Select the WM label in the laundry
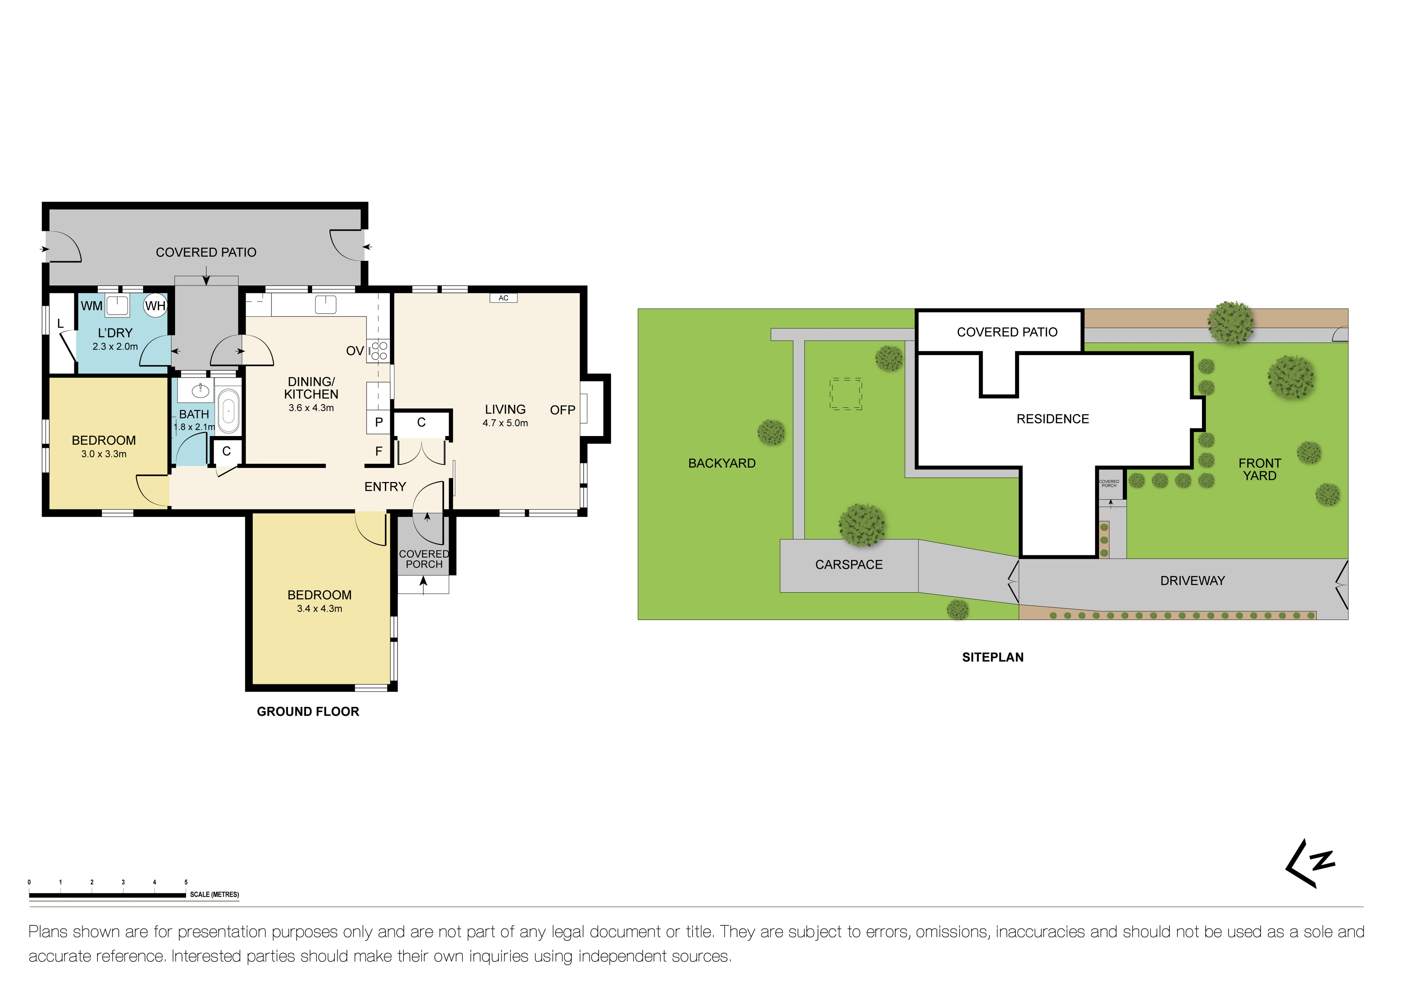tap(92, 306)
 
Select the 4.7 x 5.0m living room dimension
tap(505, 423)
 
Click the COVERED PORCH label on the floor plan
tap(424, 559)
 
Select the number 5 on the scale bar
tap(186, 882)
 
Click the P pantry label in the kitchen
tap(379, 422)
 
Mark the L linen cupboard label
tap(60, 323)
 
